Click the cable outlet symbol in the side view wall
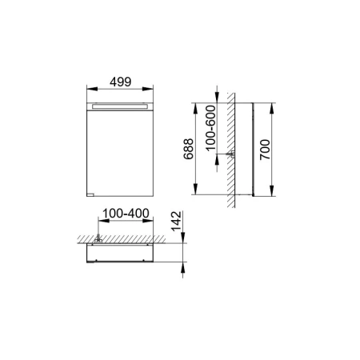pyautogui.click(x=230, y=153)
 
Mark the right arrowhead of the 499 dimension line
pyautogui.click(x=150, y=90)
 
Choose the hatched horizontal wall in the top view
pyautogui.click(x=128, y=238)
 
